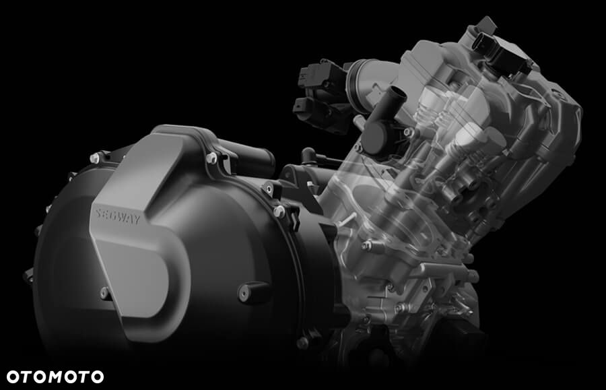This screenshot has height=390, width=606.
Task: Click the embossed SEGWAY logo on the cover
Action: pyautogui.click(x=118, y=217)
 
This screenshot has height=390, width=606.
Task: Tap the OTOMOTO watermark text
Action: pyautogui.click(x=55, y=377)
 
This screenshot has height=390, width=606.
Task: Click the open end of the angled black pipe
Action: pyautogui.click(x=398, y=93)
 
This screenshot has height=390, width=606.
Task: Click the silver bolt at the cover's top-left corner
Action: pyautogui.click(x=95, y=158)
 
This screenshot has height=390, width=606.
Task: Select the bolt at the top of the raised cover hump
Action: pyautogui.click(x=211, y=158)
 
